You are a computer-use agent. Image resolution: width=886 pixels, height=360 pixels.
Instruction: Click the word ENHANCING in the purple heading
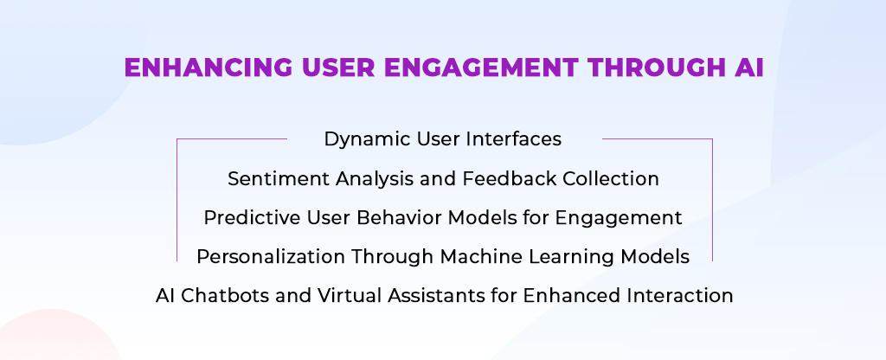pos(209,67)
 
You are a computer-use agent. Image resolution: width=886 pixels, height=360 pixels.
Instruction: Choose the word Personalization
pos(272,257)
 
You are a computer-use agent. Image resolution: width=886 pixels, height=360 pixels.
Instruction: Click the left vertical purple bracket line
pos(177,200)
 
